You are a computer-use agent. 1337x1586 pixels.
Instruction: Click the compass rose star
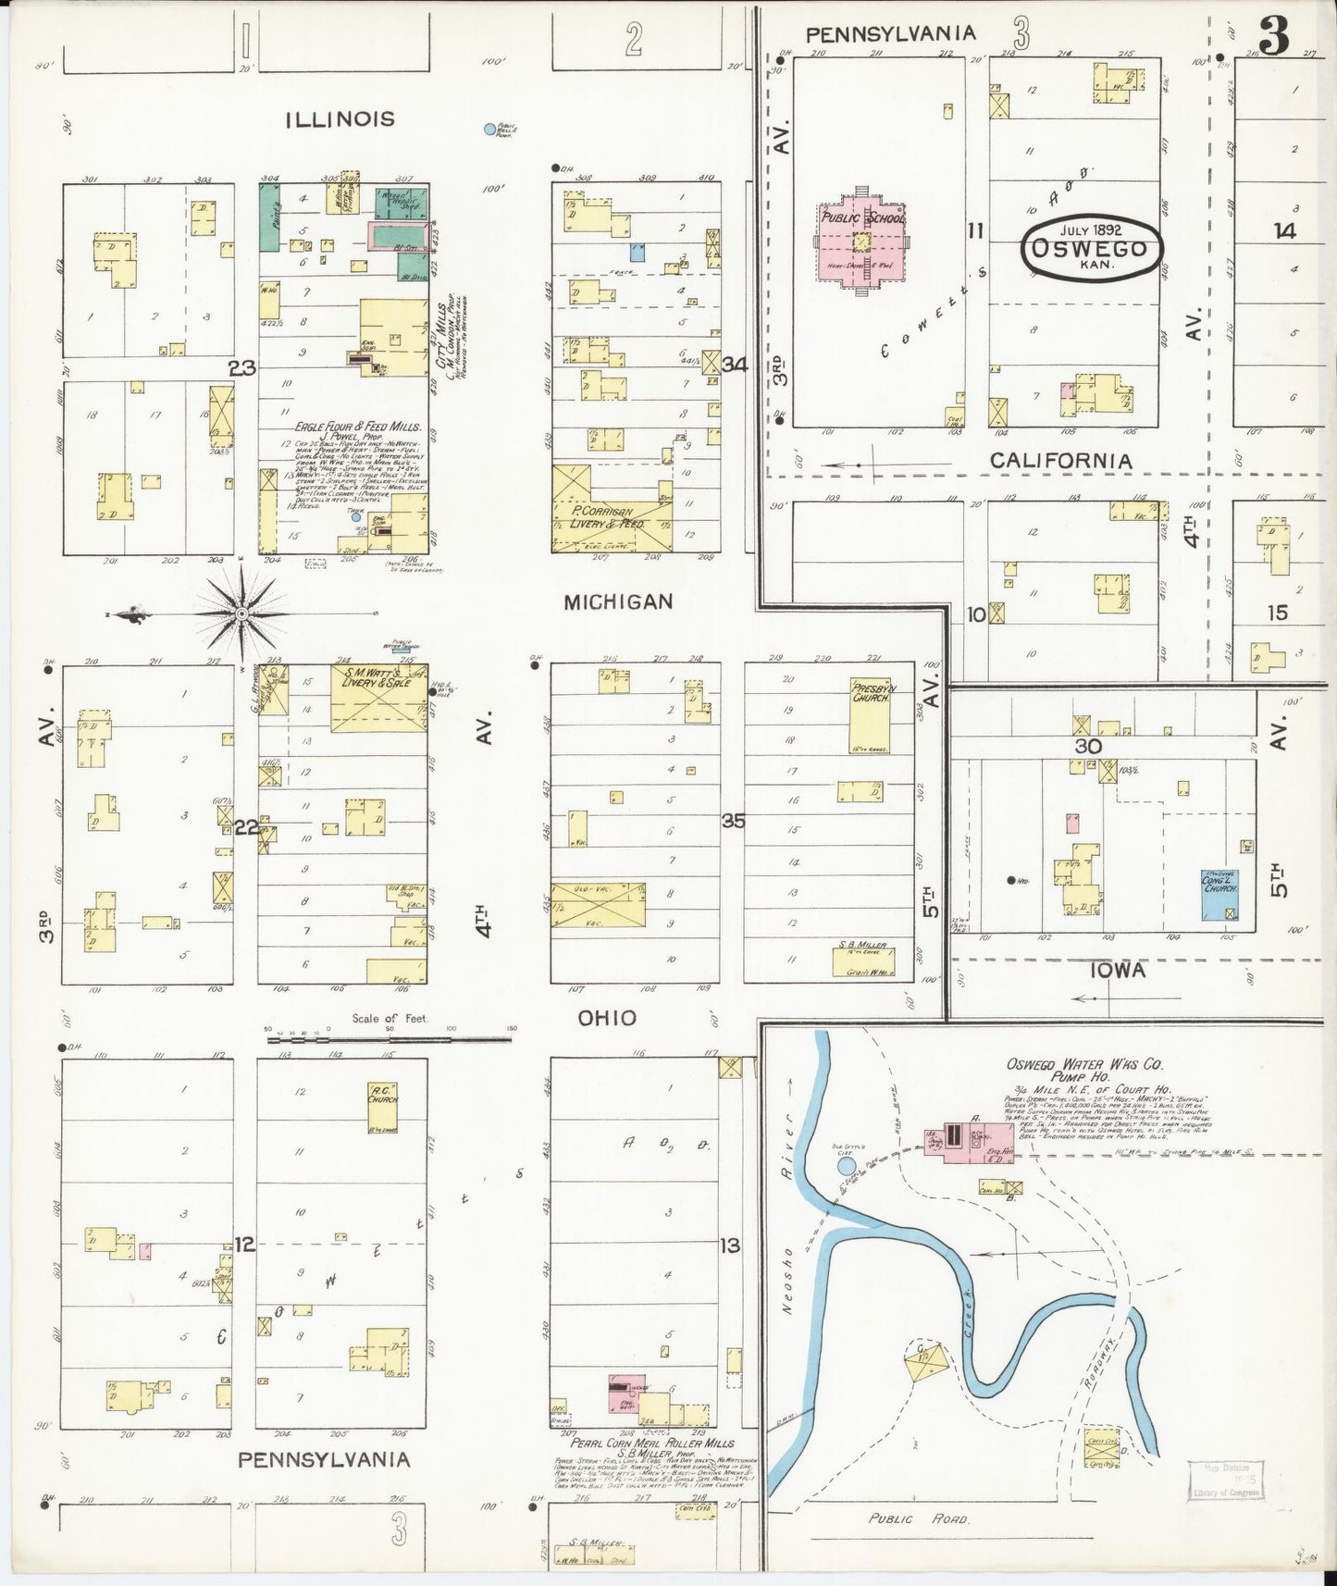coord(241,613)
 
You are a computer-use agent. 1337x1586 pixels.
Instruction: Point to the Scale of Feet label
coord(389,1019)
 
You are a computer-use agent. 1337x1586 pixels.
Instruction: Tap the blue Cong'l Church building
coord(1219,894)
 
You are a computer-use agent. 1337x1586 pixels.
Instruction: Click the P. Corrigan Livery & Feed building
coord(611,512)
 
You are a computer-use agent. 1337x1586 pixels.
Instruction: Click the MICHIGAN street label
coord(618,602)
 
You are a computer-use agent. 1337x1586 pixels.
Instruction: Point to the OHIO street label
coord(607,1018)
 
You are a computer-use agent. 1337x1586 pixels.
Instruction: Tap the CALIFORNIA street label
coord(1060,460)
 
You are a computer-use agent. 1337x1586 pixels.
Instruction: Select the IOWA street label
coord(1117,970)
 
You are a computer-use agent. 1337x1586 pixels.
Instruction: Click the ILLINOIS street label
coord(340,118)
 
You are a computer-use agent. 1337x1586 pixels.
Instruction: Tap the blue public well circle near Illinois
coord(489,130)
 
